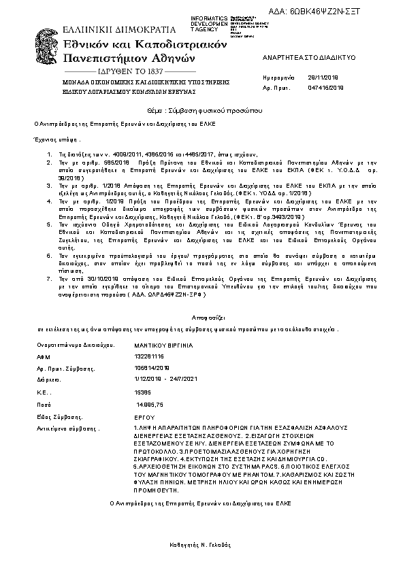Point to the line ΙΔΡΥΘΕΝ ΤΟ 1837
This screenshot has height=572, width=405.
coord(127,71)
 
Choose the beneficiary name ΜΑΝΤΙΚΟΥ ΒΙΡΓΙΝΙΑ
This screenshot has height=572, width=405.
coord(164,346)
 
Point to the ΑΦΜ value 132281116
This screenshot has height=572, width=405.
coord(150,356)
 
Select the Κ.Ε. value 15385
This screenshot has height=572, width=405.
coord(144,393)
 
